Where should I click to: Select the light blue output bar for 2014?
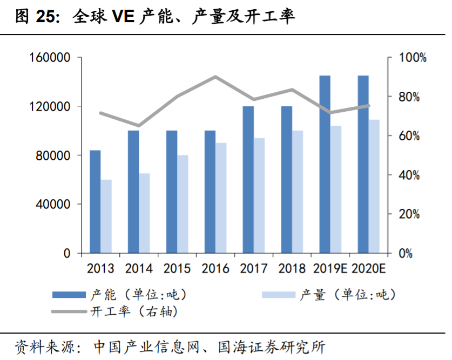pyautogui.click(x=144, y=213)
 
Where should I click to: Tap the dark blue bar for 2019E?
pyautogui.click(x=325, y=164)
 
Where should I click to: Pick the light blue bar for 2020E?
pyautogui.click(x=374, y=186)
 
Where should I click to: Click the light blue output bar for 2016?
pyautogui.click(x=221, y=198)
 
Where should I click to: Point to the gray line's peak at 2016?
pyautogui.click(x=215, y=77)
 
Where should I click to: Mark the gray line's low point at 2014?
pyautogui.click(x=139, y=126)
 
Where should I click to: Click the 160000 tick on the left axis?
pyautogui.click(x=49, y=58)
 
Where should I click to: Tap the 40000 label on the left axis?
pyautogui.click(x=52, y=205)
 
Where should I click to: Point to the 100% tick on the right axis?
pyautogui.click(x=413, y=58)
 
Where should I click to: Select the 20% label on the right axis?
pyautogui.click(x=409, y=214)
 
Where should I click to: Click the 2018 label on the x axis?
pyautogui.click(x=292, y=268)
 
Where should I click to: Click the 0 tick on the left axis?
pyautogui.click(x=66, y=253)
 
